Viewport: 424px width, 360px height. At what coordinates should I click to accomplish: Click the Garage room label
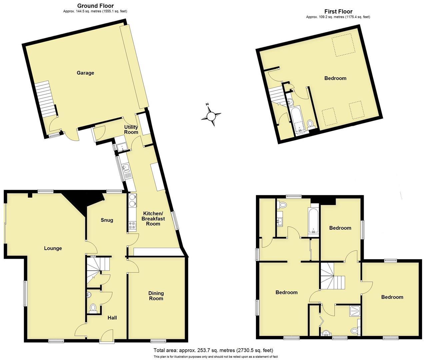[85, 73]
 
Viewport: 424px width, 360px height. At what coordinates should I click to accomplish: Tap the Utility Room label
[131, 130]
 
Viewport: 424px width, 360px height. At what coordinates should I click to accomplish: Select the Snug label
[107, 220]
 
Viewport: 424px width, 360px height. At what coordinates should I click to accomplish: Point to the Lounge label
[53, 248]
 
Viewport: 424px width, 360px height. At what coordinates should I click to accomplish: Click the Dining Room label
[156, 296]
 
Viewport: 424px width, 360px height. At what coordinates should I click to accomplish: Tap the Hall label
[112, 318]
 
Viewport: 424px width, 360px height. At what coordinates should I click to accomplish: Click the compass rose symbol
[211, 116]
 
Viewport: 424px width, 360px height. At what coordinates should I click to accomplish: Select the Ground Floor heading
[95, 6]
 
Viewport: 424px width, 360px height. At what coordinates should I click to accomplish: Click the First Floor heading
[338, 11]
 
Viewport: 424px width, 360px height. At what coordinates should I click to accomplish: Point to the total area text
[213, 350]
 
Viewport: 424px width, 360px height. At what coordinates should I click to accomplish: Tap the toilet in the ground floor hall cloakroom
[93, 307]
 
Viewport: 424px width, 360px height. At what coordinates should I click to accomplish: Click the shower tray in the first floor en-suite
[354, 312]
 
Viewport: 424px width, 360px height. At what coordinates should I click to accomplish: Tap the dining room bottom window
[158, 341]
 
